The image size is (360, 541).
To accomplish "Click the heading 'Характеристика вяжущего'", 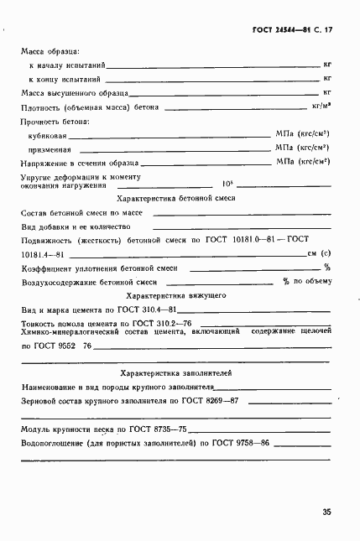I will pos(176,296).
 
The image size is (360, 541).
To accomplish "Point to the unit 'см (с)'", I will pos(318,253).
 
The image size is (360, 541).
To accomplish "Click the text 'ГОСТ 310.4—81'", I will pos(154,310).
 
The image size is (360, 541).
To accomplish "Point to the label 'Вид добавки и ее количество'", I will pos(76,226).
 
